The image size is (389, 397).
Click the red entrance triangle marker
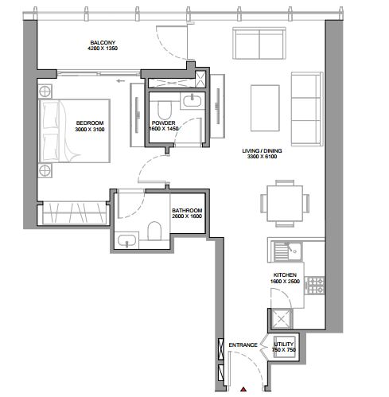[243, 389]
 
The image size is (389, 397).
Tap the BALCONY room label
[103, 42]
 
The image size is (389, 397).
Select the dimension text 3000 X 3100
[90, 130]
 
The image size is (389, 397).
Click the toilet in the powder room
[164, 110]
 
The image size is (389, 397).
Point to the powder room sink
[193, 101]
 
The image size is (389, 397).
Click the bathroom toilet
[154, 231]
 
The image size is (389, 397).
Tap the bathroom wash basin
[126, 240]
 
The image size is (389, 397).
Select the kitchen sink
[287, 251]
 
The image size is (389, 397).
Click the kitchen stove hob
[315, 285]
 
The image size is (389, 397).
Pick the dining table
[285, 204]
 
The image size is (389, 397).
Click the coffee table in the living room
[265, 108]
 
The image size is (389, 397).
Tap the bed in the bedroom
[74, 130]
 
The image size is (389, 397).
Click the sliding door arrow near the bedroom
[121, 80]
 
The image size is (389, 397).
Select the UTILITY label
[284, 344]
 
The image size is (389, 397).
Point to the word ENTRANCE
[243, 345]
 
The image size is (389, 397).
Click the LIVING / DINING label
[262, 150]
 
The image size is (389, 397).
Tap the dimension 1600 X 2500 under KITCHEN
[285, 282]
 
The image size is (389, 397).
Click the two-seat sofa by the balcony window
[259, 43]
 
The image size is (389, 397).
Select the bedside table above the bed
[45, 91]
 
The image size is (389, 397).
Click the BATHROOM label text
[187, 210]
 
